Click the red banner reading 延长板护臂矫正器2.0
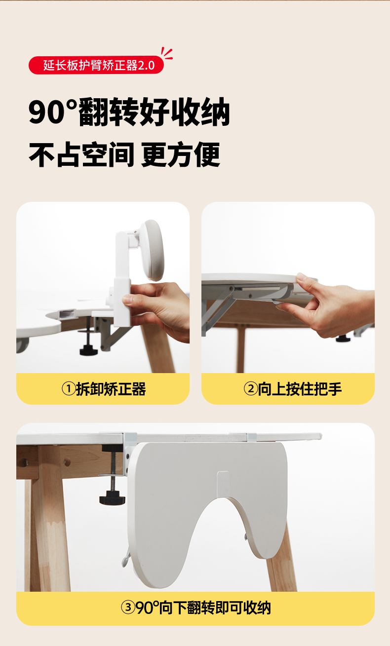pos(96,65)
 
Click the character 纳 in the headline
pos(215,112)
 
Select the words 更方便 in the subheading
pos(181,154)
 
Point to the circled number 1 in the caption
pos(69,388)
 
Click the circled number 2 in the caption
pos(250,388)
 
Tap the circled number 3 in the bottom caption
pos(128,608)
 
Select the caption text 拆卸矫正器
pos(111,389)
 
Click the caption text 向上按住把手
pos(300,389)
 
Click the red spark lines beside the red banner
pos(167,54)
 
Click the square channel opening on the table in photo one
pos(67,313)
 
